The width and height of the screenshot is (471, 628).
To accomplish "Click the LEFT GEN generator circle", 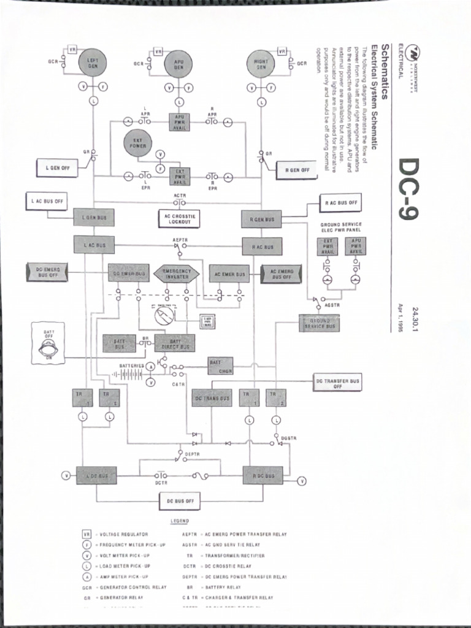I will pos(93,63).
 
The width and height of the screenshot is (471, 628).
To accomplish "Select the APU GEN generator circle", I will pos(178,64).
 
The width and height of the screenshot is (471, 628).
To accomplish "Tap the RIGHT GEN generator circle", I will pos(261,64).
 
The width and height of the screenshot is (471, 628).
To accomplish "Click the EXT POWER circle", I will pos(137,143).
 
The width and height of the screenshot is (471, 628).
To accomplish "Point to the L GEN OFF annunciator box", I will pos(57,167).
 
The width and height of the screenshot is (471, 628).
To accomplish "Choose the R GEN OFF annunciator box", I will pos(297,170).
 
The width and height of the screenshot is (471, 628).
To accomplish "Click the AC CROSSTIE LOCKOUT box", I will pos(179,219).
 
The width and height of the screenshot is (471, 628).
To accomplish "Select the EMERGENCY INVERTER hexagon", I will pos(177,274).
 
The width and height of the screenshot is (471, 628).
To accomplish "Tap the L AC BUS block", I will pos(94,245).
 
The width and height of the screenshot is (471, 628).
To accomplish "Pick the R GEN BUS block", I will pos(261,219).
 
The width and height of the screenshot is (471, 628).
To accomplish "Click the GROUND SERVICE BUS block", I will pos(319,323).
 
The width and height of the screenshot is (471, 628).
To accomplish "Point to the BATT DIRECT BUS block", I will pos(175,343).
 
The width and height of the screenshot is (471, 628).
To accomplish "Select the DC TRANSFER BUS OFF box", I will pos(337,383).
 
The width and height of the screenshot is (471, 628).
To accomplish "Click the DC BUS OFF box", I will pos(180,501).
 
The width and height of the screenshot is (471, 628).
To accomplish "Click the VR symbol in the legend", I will pos(87,534).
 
